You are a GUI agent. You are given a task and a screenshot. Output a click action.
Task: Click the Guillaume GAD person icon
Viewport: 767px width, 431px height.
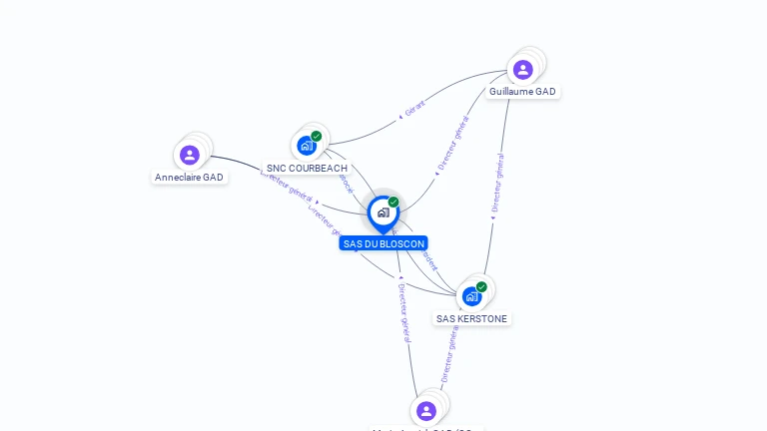click(x=522, y=70)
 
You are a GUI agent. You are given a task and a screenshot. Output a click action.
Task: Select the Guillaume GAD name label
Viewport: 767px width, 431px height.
click(x=522, y=92)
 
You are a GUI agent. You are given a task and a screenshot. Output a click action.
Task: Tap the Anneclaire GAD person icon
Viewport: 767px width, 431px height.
click(x=190, y=155)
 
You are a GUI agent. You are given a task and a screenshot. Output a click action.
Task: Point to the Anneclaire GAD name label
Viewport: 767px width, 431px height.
click(x=189, y=178)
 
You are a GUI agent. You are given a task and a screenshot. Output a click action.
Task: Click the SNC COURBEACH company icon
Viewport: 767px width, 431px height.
click(x=307, y=146)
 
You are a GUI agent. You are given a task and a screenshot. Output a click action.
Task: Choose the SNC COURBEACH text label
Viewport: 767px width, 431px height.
click(x=307, y=169)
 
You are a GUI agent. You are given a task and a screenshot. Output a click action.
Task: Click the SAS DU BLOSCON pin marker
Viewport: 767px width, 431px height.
click(x=383, y=213)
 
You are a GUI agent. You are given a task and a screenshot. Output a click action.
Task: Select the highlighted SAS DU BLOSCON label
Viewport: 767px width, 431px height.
click(x=383, y=243)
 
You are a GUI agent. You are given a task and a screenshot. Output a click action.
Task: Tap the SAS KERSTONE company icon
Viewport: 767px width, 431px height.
click(x=472, y=296)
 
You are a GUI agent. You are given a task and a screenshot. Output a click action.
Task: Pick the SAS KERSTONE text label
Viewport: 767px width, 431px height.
click(x=472, y=319)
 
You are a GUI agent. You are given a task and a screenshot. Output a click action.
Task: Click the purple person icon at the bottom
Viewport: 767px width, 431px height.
click(x=426, y=411)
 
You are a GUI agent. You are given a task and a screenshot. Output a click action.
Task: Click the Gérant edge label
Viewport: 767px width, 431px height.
click(x=415, y=108)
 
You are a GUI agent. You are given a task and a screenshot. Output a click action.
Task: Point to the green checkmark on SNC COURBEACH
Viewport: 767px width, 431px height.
click(x=317, y=136)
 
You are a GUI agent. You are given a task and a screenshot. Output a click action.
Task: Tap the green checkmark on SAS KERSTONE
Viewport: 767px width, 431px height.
click(x=481, y=286)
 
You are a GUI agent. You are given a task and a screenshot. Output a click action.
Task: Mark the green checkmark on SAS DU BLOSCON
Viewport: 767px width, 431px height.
click(x=393, y=202)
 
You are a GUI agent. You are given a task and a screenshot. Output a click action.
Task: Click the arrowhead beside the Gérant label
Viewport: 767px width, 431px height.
click(x=400, y=116)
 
